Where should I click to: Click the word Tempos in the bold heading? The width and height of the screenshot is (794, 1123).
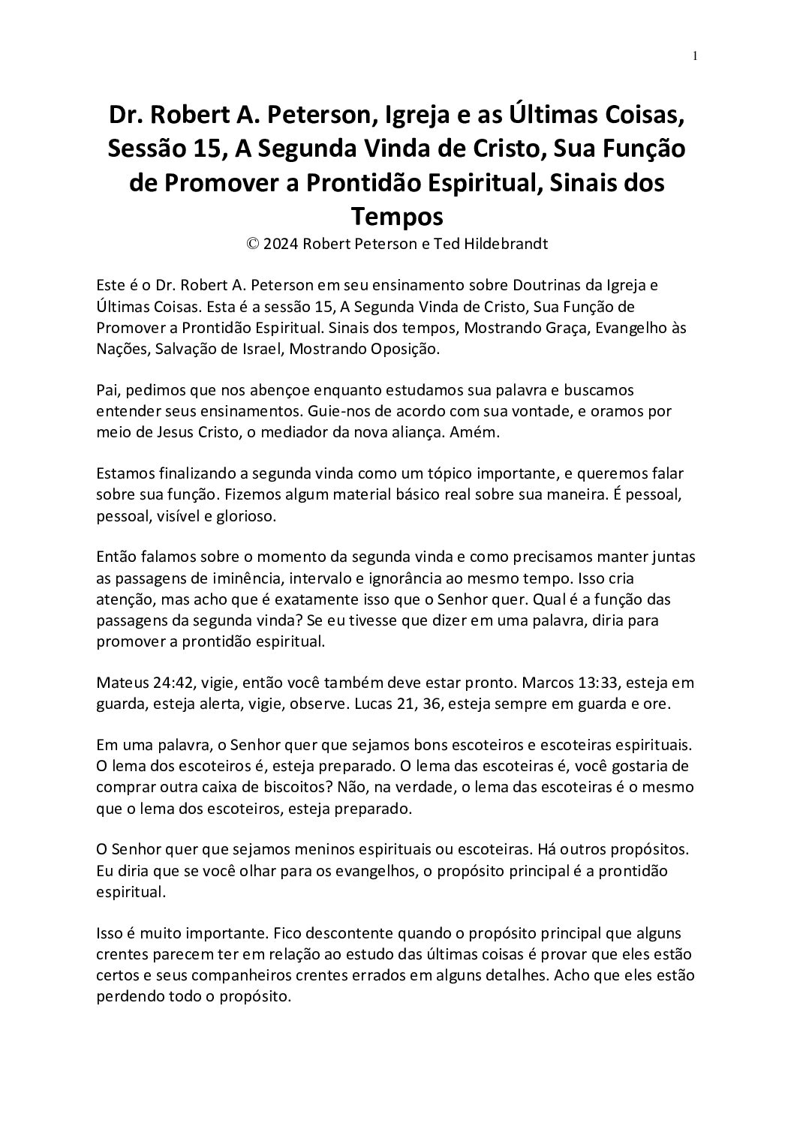[397, 218]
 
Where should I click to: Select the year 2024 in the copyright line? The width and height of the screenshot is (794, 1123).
[276, 244]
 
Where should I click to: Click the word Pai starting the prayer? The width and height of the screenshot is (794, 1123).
[107, 391]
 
